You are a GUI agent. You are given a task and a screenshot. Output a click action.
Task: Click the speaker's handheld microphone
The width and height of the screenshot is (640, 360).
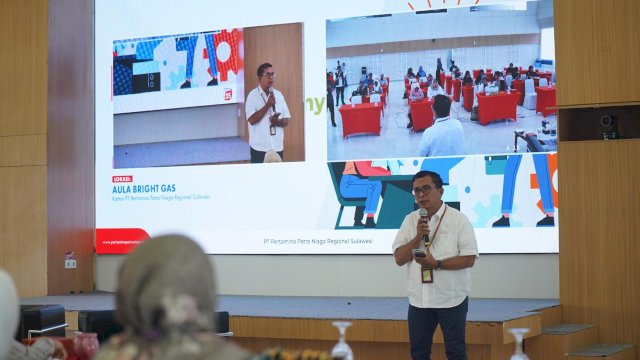(424, 221)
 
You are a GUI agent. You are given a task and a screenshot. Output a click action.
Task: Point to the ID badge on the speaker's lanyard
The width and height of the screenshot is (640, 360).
(427, 273)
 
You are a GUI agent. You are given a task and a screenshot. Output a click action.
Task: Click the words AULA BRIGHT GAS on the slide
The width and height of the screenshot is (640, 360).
(147, 186)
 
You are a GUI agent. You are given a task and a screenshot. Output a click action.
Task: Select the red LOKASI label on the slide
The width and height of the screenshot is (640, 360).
(123, 178)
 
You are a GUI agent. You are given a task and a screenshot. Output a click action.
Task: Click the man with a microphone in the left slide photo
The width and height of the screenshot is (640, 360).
(267, 112)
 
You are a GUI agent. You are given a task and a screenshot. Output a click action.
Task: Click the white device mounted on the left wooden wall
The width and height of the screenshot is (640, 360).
(70, 260)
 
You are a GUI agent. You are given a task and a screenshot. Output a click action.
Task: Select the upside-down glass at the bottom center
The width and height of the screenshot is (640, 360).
(342, 340)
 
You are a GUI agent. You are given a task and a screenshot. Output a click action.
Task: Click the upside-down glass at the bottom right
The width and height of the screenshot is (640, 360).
(518, 343)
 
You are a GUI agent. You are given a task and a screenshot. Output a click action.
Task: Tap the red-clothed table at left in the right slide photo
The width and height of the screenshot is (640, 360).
(361, 119)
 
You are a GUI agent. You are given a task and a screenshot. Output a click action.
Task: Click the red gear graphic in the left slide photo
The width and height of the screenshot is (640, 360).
(225, 52)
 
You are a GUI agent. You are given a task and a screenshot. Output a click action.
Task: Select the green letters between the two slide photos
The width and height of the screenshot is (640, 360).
(315, 105)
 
